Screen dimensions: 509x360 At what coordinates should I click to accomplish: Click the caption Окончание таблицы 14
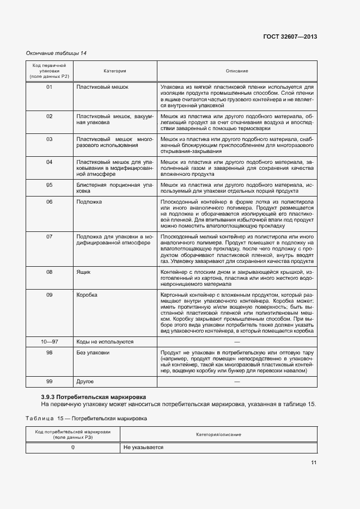56,53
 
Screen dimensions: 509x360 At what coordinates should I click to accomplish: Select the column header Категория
115,71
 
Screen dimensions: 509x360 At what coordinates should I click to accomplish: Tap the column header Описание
237,71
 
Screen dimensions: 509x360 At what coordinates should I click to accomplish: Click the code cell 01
49,87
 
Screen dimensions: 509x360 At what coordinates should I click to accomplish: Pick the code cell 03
49,139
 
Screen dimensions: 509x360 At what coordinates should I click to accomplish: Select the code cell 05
49,185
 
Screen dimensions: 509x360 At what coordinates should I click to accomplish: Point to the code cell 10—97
49,342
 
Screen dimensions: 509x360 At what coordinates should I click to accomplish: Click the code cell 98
49,353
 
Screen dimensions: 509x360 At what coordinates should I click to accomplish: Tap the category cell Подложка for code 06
89,202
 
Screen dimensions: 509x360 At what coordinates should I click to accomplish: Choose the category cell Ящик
83,272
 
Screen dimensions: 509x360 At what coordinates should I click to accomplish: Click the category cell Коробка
87,295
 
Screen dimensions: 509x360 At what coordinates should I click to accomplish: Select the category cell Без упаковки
93,353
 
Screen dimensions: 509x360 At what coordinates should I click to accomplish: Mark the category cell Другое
86,382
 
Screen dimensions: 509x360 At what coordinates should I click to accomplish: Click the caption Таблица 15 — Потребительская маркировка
86,419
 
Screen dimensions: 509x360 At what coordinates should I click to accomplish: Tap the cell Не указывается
143,447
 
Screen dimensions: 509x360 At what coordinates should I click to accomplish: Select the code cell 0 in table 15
73,447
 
